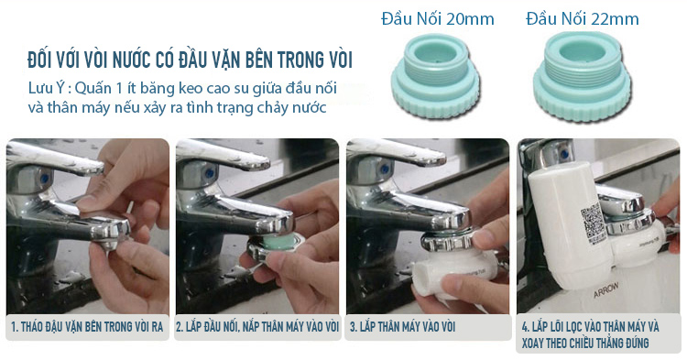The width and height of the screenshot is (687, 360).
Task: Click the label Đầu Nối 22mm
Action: click(x=583, y=19)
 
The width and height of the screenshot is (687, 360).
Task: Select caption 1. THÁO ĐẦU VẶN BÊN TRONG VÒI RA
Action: click(x=87, y=326)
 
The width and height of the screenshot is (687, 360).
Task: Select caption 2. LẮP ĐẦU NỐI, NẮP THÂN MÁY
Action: click(x=257, y=326)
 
